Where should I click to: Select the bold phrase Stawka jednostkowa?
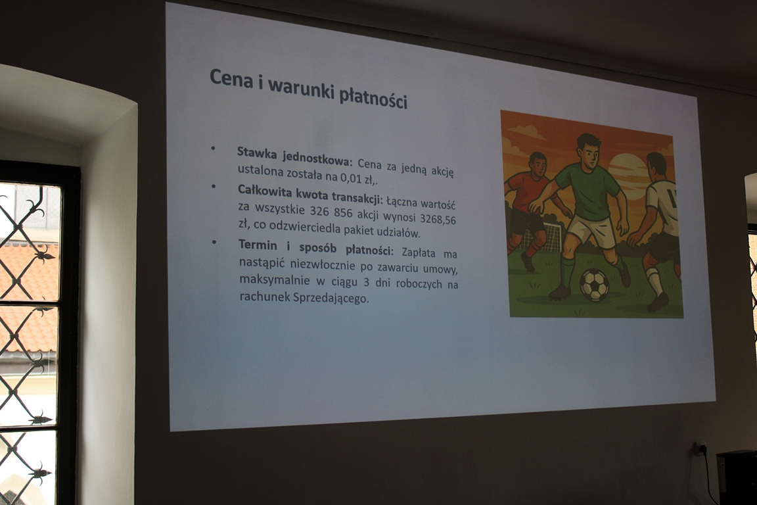click(295, 156)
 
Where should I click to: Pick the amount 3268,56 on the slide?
click(438, 219)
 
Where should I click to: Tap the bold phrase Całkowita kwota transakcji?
click(310, 194)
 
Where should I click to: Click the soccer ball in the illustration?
click(594, 285)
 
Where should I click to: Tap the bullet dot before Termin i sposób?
click(214, 241)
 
